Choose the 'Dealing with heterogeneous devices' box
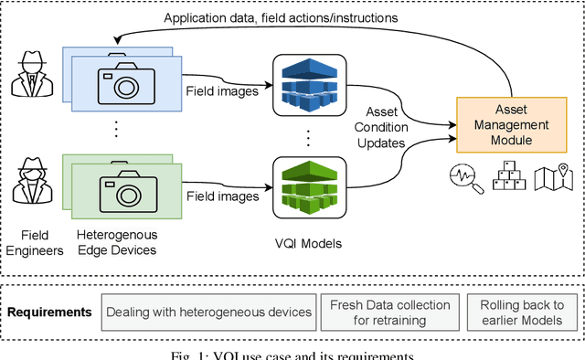point(208,312)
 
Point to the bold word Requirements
point(49,312)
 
